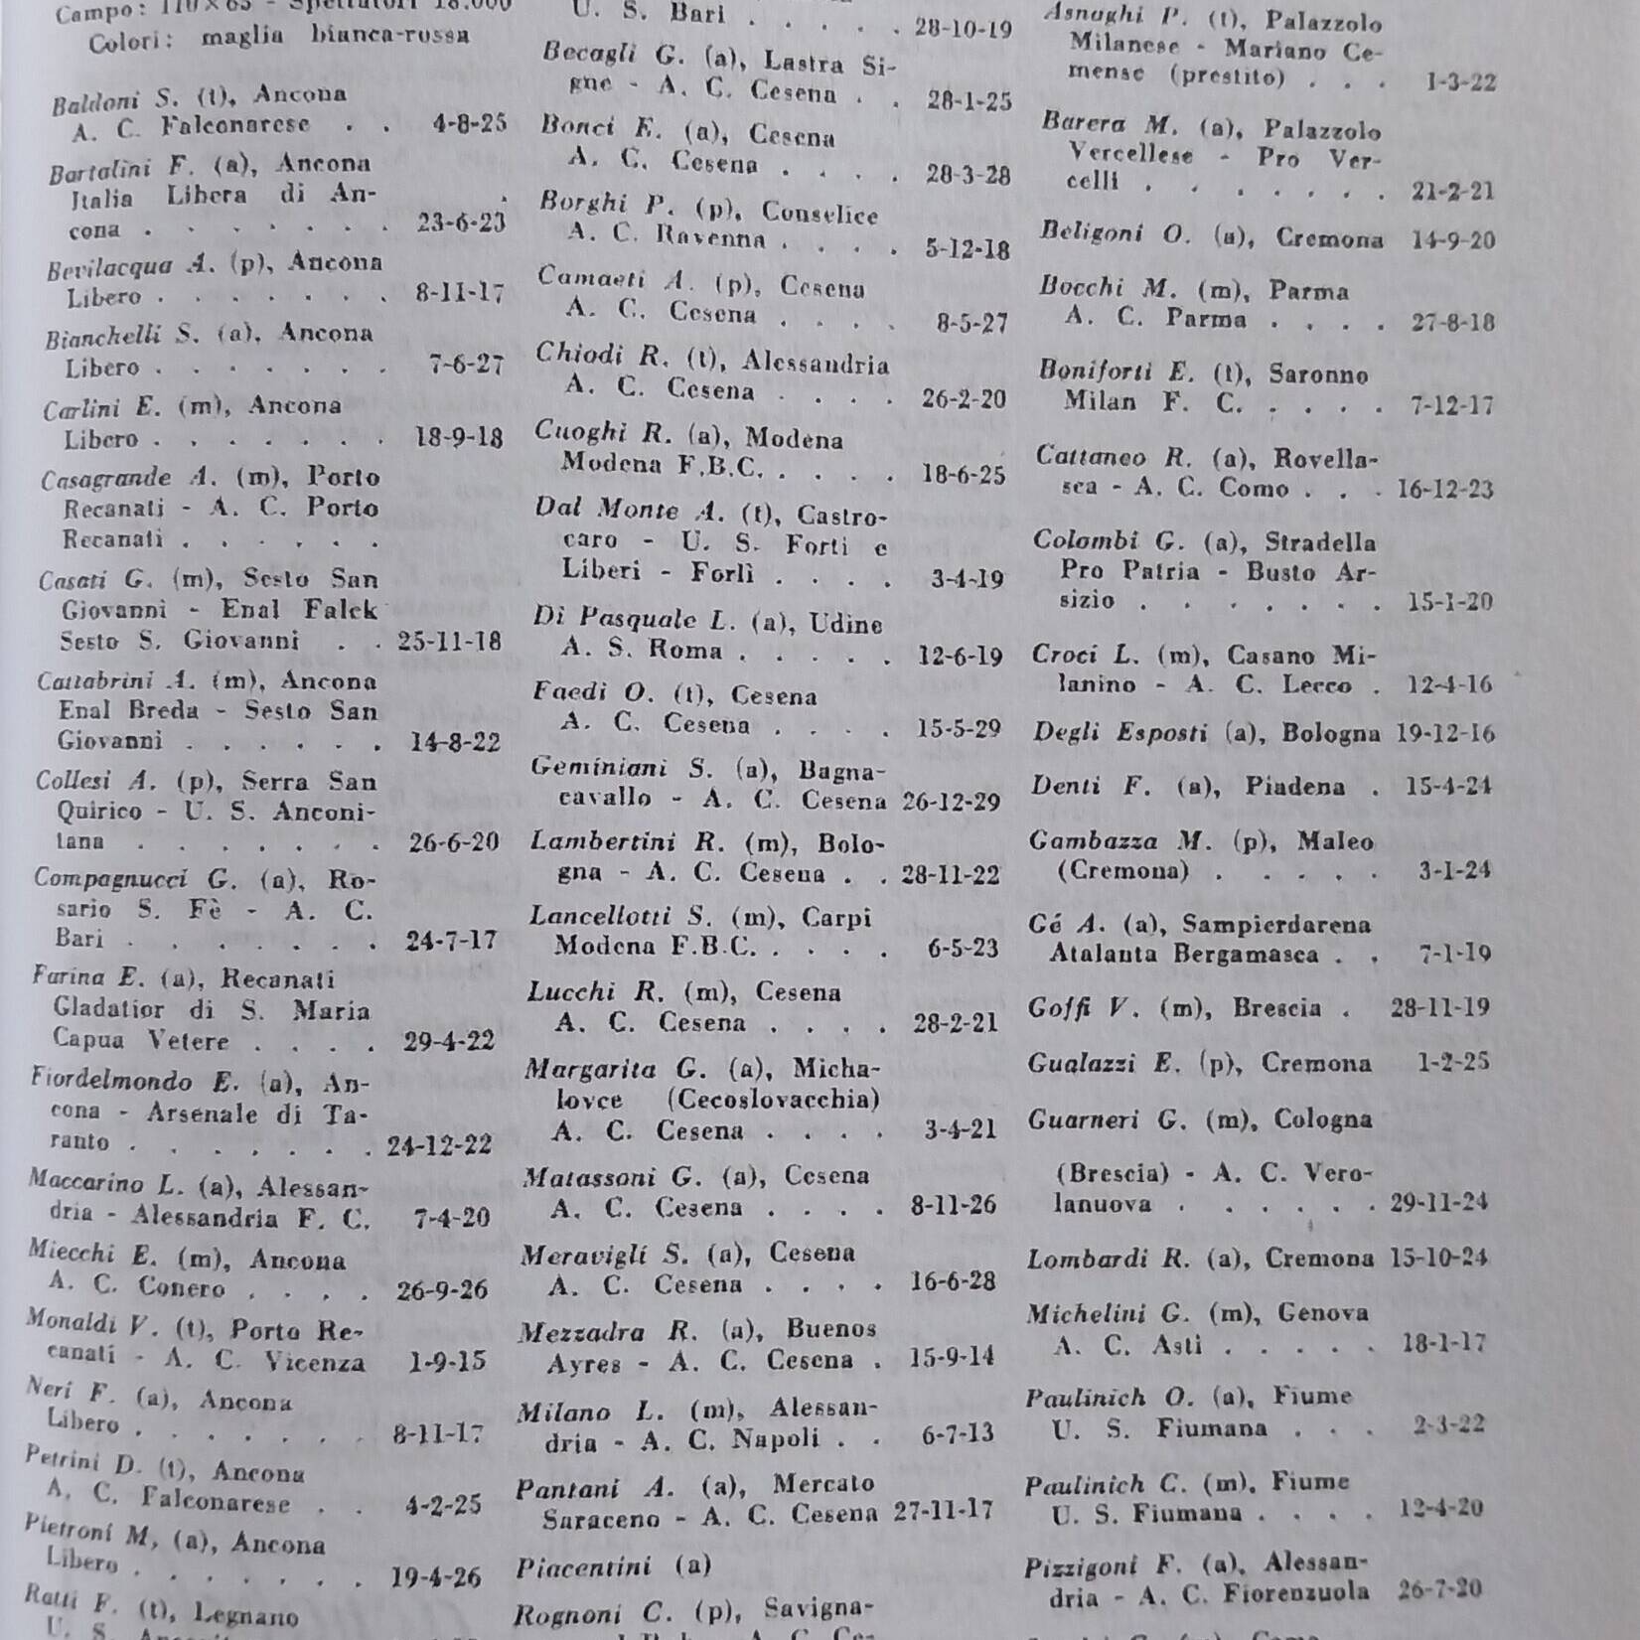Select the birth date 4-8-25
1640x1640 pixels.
(470, 123)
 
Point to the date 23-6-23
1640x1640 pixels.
(461, 223)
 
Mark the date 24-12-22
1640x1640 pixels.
(439, 1144)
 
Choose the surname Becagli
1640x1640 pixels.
(588, 54)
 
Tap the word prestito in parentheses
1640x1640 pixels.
(1230, 75)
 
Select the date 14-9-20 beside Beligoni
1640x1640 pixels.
(1451, 240)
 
